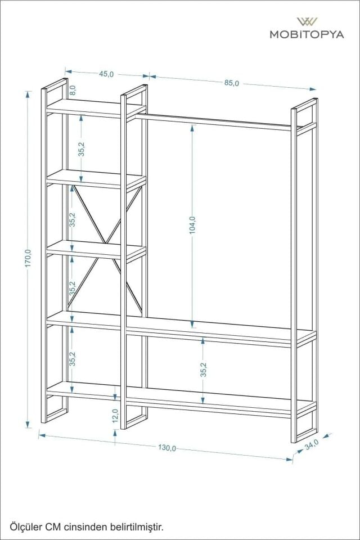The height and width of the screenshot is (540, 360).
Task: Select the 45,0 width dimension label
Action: [x=107, y=74]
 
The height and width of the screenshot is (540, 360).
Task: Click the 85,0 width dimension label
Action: [x=232, y=83]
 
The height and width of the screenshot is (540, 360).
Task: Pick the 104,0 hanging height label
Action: [x=192, y=225]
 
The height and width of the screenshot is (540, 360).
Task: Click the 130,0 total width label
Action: [x=167, y=448]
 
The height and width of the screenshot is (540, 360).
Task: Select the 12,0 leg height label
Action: [x=115, y=415]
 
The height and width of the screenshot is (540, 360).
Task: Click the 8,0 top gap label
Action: [x=73, y=89]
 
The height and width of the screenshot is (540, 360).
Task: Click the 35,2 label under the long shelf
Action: [x=204, y=369]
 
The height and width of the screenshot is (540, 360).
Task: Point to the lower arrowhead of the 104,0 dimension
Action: [x=192, y=325]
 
